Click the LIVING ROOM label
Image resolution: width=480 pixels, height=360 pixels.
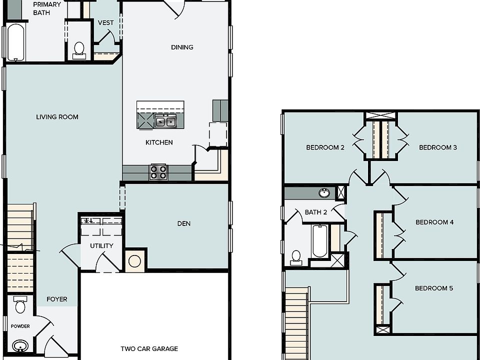click(57, 117)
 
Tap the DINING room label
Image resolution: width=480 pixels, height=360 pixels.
click(182, 47)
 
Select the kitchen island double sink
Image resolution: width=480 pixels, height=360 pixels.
click(164, 121)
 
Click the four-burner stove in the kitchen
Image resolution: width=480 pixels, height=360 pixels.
click(158, 172)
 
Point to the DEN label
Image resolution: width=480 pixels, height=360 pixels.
click(183, 223)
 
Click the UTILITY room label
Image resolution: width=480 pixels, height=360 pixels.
click(101, 245)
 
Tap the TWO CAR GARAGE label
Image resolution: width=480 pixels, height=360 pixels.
click(149, 349)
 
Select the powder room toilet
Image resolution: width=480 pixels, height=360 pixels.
click(20, 304)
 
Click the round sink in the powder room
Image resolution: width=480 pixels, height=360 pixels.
click(20, 346)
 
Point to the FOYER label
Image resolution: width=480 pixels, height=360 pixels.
click(57, 299)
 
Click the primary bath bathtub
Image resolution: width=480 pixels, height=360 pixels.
click(15, 42)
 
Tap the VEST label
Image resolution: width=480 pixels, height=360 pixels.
click(105, 22)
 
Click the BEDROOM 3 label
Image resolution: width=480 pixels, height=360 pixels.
click(438, 147)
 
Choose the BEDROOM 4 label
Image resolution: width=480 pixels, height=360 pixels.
click(434, 222)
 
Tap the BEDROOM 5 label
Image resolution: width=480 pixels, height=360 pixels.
click(434, 288)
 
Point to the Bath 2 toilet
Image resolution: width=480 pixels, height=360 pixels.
click(296, 256)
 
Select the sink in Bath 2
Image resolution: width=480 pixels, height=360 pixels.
click(324, 192)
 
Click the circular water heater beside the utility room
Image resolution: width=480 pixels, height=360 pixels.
click(135, 261)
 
